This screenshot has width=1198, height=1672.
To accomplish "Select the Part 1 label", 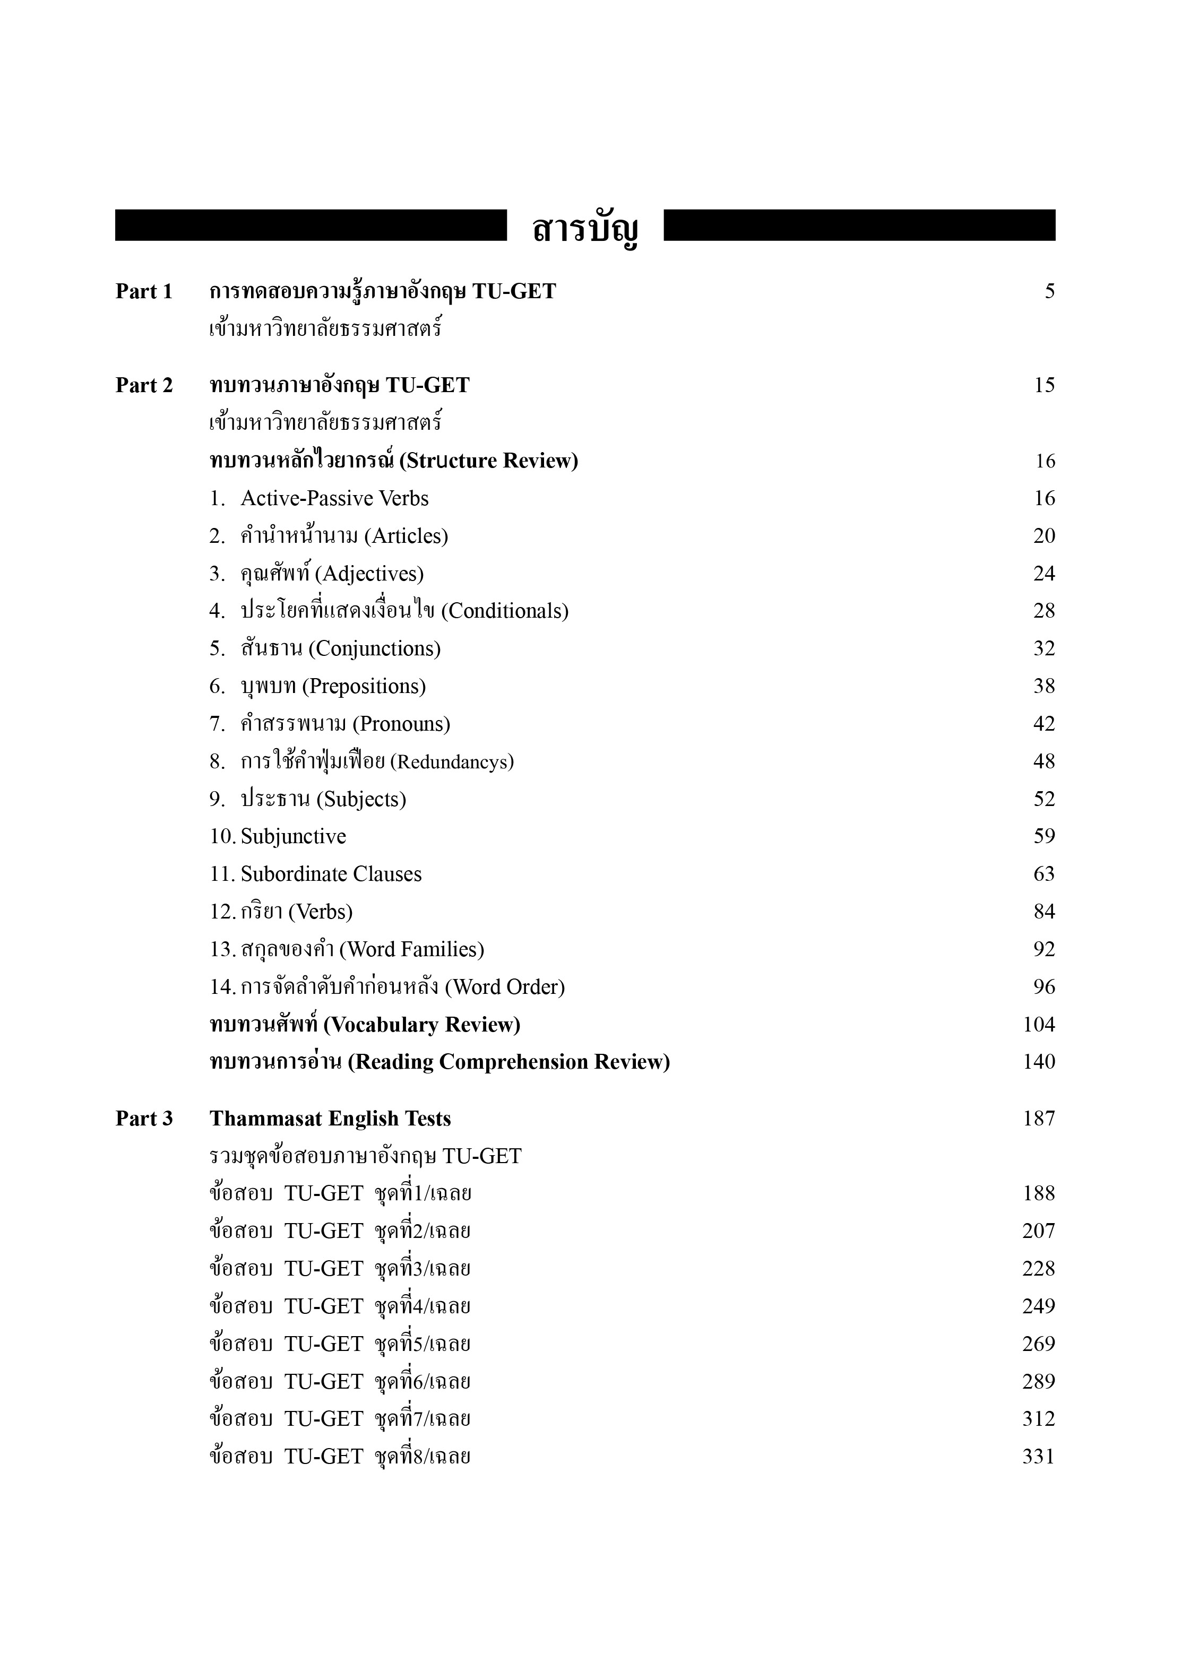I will tap(144, 292).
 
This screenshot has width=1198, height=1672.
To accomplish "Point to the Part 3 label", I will tap(144, 1119).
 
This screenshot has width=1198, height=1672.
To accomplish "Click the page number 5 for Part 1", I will tap(1049, 292).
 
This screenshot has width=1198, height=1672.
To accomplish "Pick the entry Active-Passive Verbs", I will tap(334, 498).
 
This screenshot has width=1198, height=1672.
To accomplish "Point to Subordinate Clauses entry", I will tap(331, 874).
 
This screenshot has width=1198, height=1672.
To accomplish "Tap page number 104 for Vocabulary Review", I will tap(1039, 1025).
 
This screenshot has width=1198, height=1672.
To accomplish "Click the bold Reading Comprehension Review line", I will tap(439, 1062).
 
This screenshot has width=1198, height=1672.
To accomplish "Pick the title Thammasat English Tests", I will tap(330, 1119).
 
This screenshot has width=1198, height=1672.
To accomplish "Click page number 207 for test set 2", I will tap(1038, 1231).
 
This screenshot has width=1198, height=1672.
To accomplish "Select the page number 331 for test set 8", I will tap(1038, 1457).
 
